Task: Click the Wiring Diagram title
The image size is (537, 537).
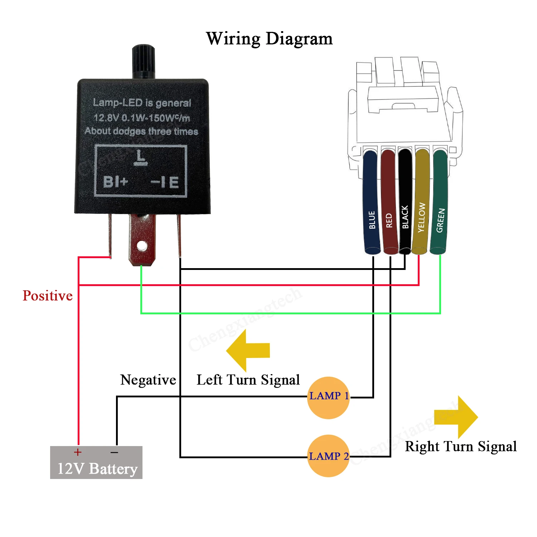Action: point(269,39)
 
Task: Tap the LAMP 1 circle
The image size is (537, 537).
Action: point(328,397)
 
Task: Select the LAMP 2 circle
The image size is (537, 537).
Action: point(328,456)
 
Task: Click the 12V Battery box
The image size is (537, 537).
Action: point(96,462)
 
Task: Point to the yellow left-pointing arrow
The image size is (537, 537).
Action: point(248,350)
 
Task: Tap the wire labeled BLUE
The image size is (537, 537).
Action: point(372,202)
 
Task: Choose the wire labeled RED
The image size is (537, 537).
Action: point(390,202)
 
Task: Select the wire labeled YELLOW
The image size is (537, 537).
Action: point(422,202)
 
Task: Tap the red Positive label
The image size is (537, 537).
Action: point(48,296)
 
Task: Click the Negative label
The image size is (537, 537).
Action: point(148,380)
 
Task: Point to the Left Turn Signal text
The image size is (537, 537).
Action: point(248,380)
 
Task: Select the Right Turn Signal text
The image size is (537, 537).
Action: point(461,446)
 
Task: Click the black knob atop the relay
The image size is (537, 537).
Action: point(144,61)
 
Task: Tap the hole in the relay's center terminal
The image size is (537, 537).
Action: point(142,246)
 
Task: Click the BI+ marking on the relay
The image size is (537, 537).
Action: point(115,182)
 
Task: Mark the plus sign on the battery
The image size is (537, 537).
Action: point(78,453)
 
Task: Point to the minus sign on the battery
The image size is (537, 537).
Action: point(115,453)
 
